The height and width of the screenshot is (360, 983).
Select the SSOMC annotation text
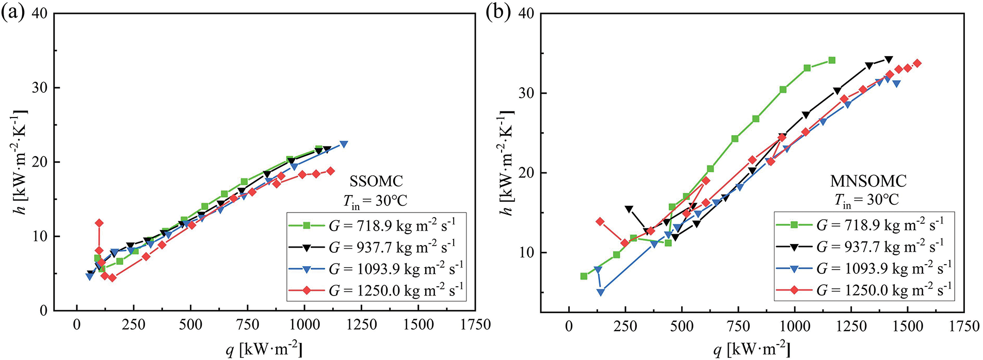(x=376, y=181)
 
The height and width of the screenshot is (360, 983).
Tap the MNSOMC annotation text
(x=868, y=181)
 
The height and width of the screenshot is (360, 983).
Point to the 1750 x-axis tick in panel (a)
(x=475, y=325)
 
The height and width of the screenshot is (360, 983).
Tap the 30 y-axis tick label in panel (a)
(x=40, y=88)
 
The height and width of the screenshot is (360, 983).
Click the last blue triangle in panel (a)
(x=344, y=144)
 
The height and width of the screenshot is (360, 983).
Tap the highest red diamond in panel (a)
(x=99, y=223)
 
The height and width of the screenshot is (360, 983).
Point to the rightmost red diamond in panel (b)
(x=917, y=63)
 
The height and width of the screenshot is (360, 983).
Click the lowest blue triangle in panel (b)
(x=601, y=292)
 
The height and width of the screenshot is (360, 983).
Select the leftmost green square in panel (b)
(x=584, y=276)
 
